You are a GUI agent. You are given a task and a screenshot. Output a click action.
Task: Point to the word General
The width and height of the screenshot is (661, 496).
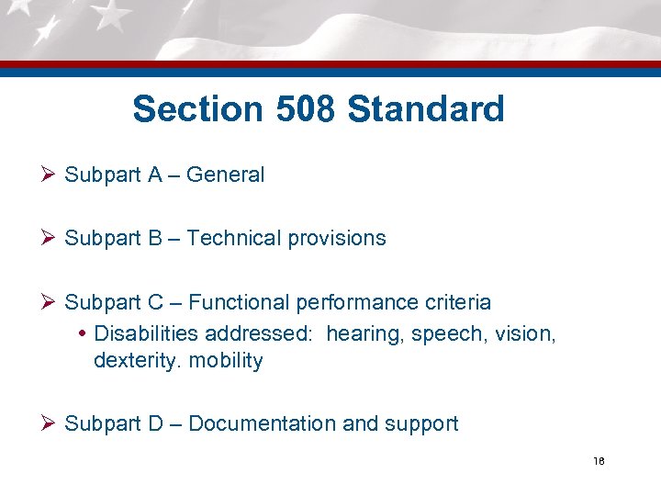(225, 175)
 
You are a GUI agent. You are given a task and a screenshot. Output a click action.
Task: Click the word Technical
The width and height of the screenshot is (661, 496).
(235, 238)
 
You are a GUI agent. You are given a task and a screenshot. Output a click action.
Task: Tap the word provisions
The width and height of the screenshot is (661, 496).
(337, 239)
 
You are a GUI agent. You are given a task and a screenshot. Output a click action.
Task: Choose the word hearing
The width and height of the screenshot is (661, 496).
(362, 333)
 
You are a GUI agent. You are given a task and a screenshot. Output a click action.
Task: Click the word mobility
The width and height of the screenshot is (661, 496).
(226, 361)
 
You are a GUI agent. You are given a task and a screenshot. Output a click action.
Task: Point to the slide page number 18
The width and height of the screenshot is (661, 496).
(599, 461)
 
